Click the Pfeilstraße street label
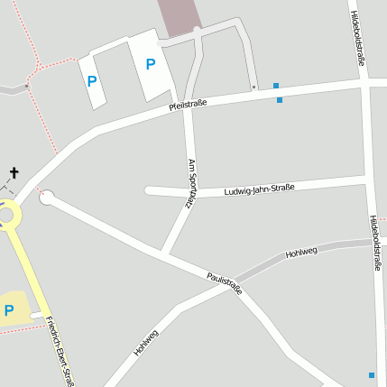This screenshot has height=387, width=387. [x=188, y=105]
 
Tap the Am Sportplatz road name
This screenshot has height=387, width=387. [x=191, y=184]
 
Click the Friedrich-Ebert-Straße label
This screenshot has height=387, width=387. [x=60, y=352]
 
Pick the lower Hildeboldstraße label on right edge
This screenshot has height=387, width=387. [x=374, y=243]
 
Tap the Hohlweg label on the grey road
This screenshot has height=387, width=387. [x=301, y=253]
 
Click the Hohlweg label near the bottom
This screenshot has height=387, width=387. [x=146, y=342]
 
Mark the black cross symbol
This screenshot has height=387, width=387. [x=14, y=172]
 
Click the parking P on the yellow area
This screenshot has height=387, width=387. [x=9, y=310]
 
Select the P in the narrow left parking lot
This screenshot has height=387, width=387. [x=91, y=81]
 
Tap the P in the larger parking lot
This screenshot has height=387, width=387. [x=151, y=63]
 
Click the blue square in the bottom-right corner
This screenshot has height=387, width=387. [x=371, y=374]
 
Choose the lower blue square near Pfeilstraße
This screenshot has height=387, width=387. [x=280, y=99]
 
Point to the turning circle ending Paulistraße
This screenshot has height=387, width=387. [x=46, y=197]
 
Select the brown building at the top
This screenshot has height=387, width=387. [x=180, y=16]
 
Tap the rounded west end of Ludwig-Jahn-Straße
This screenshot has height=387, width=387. [x=150, y=190]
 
